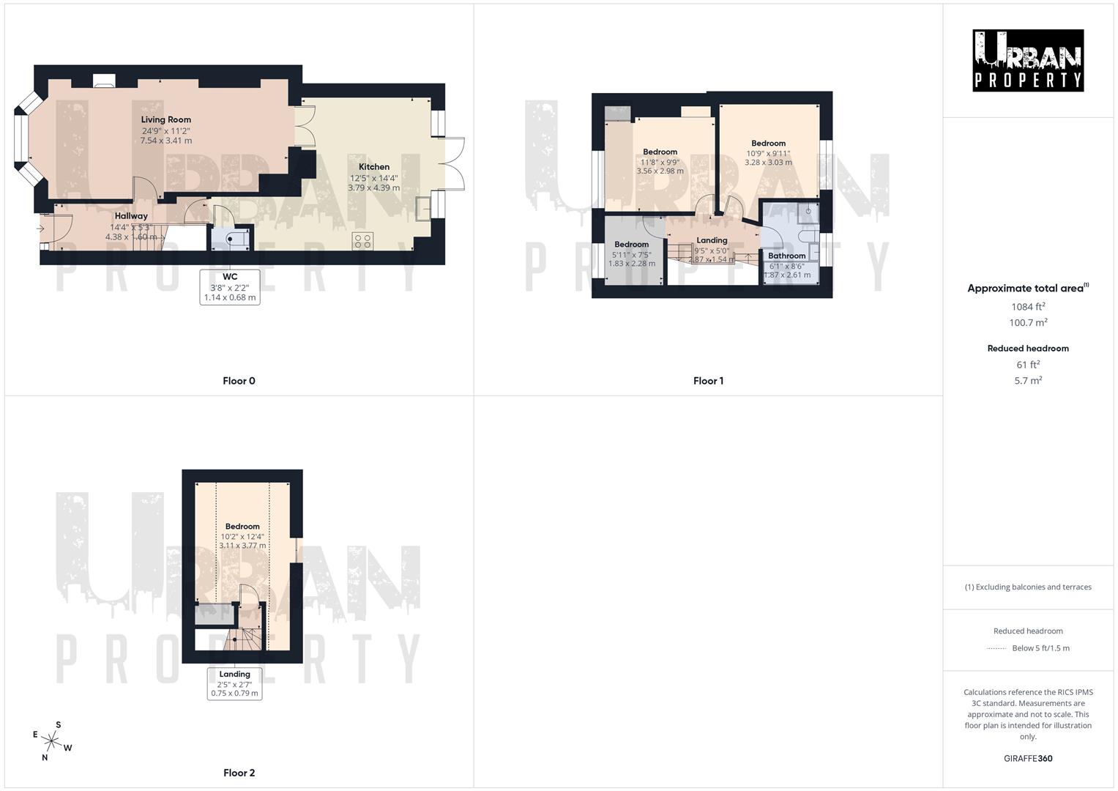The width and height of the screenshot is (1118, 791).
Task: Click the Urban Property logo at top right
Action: click(x=1028, y=61)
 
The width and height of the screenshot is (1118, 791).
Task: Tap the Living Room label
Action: click(x=166, y=119)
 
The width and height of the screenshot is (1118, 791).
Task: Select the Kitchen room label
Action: click(x=373, y=167)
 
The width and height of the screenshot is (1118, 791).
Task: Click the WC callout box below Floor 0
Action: click(x=230, y=287)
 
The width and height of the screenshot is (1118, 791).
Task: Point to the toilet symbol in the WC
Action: click(x=232, y=238)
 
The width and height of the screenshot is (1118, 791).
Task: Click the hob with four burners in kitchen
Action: click(x=362, y=240)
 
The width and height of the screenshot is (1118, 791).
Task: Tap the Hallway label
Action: click(x=131, y=216)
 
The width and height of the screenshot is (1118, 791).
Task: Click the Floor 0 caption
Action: click(x=239, y=381)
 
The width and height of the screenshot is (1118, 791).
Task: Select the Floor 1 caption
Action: click(x=708, y=381)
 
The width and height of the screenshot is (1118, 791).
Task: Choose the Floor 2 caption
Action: click(x=239, y=773)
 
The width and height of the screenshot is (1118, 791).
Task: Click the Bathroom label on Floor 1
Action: click(x=787, y=256)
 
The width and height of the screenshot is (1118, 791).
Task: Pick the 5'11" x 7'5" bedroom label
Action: click(x=631, y=254)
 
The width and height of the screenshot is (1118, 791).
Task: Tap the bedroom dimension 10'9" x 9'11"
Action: click(x=768, y=153)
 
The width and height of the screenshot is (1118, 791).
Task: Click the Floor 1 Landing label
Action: click(x=712, y=240)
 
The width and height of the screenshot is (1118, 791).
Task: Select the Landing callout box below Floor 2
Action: click(x=234, y=683)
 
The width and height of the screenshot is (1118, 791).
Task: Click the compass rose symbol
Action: click(x=51, y=740)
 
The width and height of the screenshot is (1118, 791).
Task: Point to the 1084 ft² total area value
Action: click(x=1028, y=307)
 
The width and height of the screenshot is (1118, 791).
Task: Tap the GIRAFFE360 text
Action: click(x=1028, y=759)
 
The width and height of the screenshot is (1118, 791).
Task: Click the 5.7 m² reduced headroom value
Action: click(x=1028, y=381)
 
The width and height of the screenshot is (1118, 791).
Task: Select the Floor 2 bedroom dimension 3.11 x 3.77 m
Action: click(x=242, y=546)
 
